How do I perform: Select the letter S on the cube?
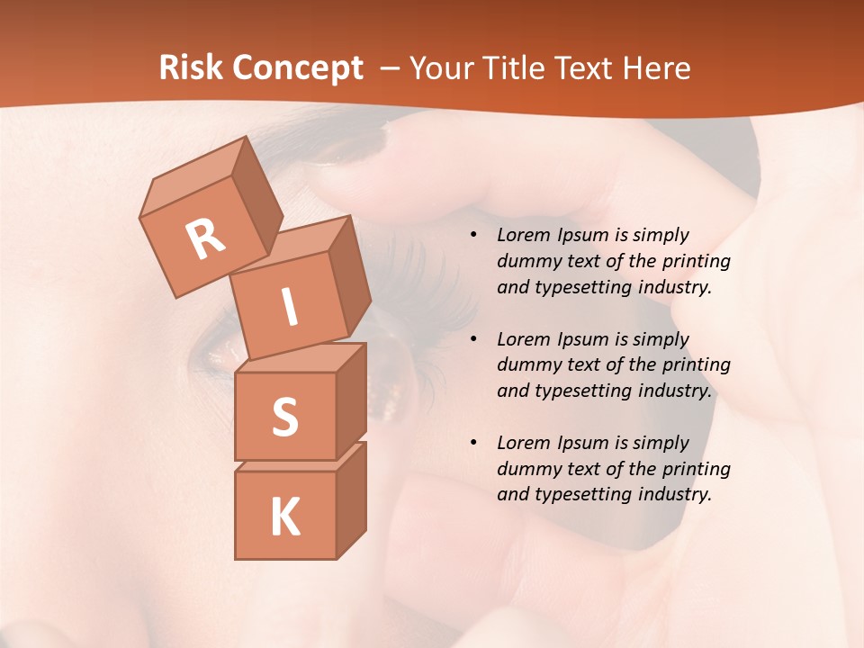click(x=284, y=417)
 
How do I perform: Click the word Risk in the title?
click(x=190, y=68)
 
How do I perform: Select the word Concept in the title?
click(x=297, y=68)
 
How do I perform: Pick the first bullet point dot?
click(x=473, y=236)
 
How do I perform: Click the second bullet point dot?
click(x=473, y=340)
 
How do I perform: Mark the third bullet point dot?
click(x=473, y=444)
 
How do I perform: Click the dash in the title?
click(x=391, y=68)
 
